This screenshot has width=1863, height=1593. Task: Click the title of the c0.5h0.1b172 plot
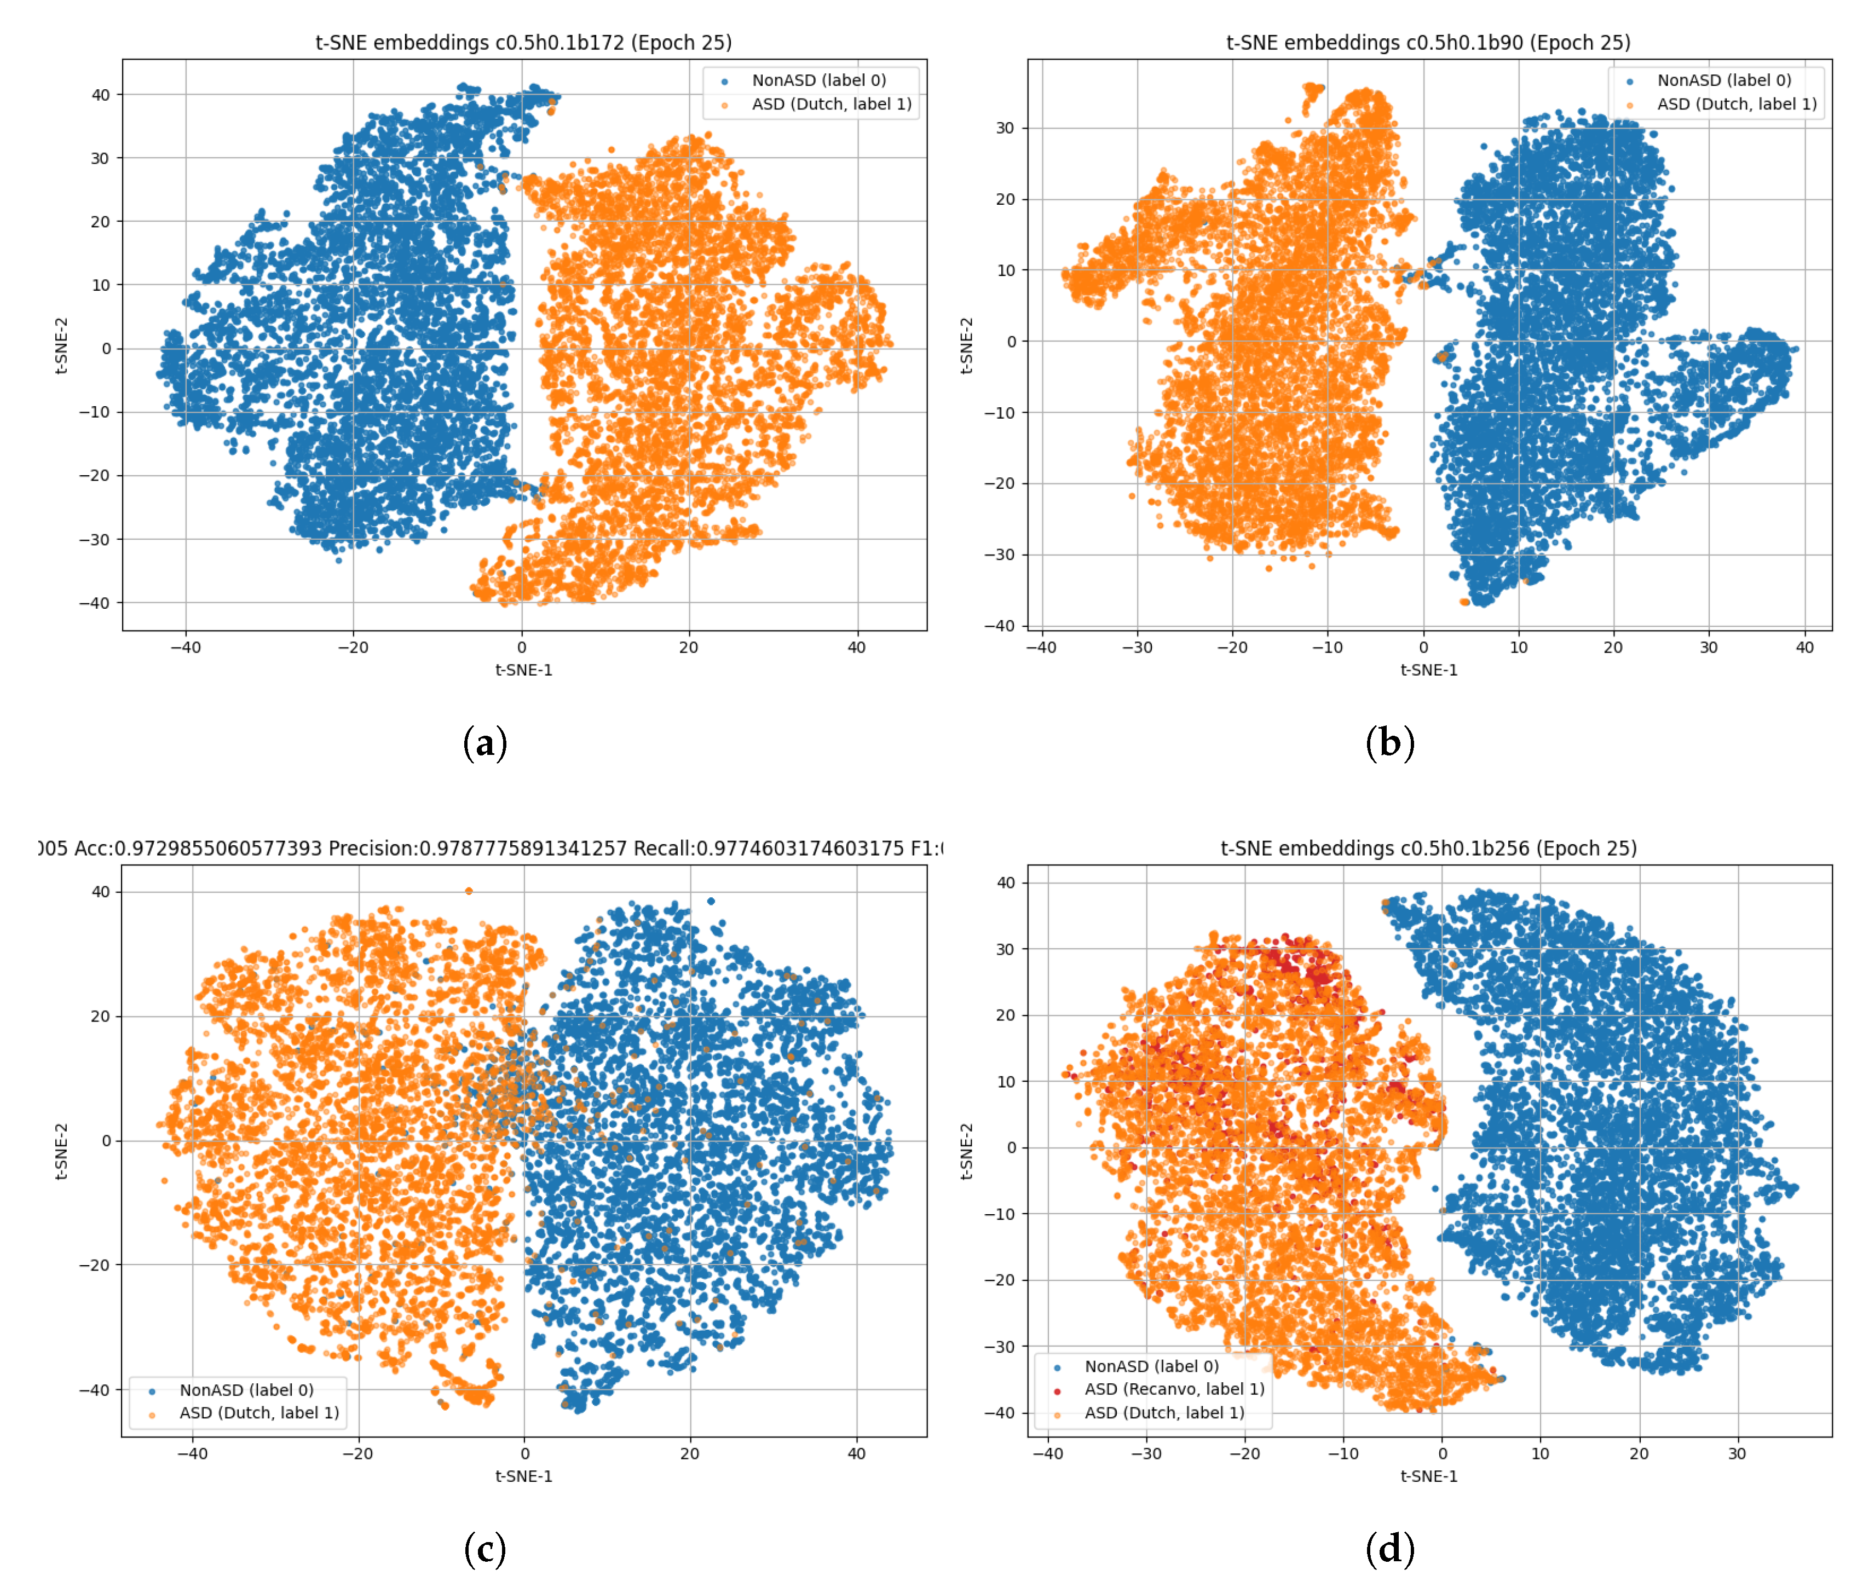coord(523,42)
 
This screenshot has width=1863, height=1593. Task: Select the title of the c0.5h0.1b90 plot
coord(1428,42)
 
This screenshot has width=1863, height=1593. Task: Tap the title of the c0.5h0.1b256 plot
coord(1428,848)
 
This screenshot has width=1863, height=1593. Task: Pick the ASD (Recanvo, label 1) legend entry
coord(1173,1389)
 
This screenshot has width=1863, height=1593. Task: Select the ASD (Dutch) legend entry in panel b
coord(1735,104)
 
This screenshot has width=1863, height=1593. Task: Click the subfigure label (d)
coord(1389,1549)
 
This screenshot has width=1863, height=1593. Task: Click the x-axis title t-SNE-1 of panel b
coord(1428,669)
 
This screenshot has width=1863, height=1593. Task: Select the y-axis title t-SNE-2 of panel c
coord(61,1151)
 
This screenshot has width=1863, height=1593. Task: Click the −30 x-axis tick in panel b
coord(1137,647)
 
